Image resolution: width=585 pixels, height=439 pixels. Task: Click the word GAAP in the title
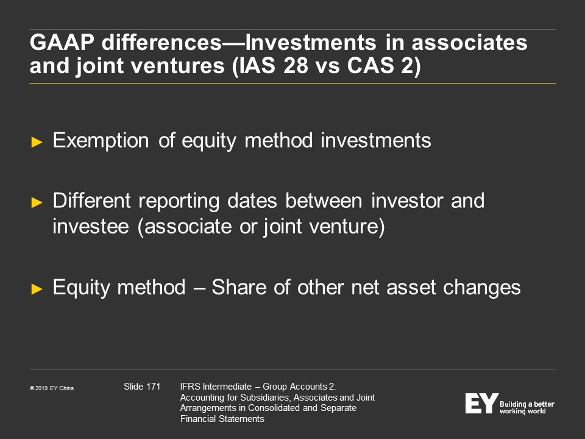click(62, 42)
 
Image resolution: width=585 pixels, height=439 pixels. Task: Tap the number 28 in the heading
click(296, 65)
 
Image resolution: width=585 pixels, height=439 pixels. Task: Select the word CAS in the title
click(370, 65)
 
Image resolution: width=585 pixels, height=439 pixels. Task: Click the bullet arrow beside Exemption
click(37, 142)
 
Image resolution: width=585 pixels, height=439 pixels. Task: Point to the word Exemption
click(101, 141)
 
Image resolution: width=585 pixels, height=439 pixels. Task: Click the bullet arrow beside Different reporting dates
click(37, 202)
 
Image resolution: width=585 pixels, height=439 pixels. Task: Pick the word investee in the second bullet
click(91, 226)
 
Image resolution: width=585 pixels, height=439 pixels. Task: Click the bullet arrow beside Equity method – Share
click(37, 289)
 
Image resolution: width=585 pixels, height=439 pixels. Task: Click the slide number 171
click(154, 387)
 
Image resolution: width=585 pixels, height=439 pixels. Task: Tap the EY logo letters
click(481, 403)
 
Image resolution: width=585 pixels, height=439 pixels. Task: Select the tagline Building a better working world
click(526, 407)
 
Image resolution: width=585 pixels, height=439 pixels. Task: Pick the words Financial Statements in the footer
click(222, 419)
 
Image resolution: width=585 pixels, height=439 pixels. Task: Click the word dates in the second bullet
click(252, 201)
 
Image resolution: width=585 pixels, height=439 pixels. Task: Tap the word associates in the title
click(469, 42)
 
